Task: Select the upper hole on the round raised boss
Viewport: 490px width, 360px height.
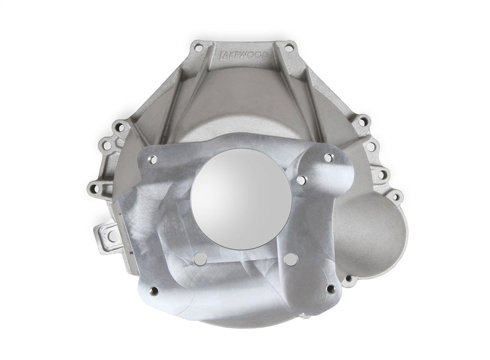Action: (328, 157)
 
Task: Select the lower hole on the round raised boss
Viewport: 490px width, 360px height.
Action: (303, 180)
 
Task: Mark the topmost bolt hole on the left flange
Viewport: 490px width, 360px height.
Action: (120, 125)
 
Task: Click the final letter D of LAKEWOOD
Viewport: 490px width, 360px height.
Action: (264, 54)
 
